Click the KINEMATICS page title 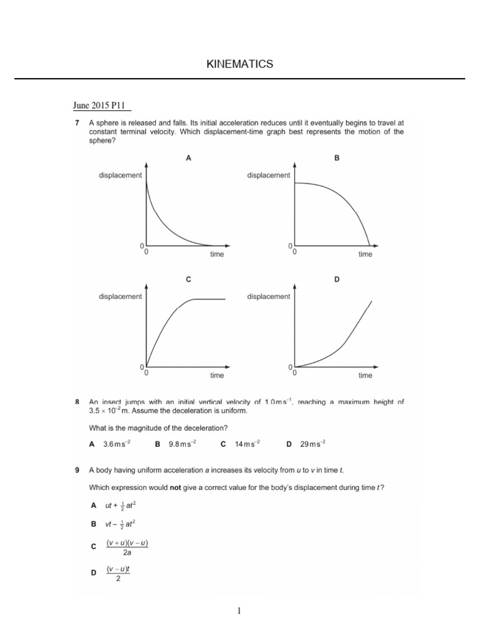tap(239, 64)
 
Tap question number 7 tap(77, 124)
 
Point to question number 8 tap(77, 402)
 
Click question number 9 tap(77, 469)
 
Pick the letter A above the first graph tap(188, 159)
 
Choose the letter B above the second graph tap(337, 159)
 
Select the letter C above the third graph tap(188, 280)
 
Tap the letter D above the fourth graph tap(337, 280)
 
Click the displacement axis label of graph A tap(120, 175)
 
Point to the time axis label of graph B tap(365, 254)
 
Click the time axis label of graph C tap(216, 375)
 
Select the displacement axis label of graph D tap(269, 296)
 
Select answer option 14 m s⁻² tap(246, 444)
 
